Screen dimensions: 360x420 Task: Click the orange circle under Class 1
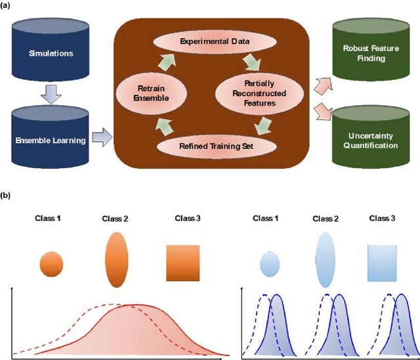(51, 264)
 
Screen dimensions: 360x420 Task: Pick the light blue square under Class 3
(383, 261)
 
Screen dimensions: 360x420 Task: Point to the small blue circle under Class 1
(270, 264)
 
